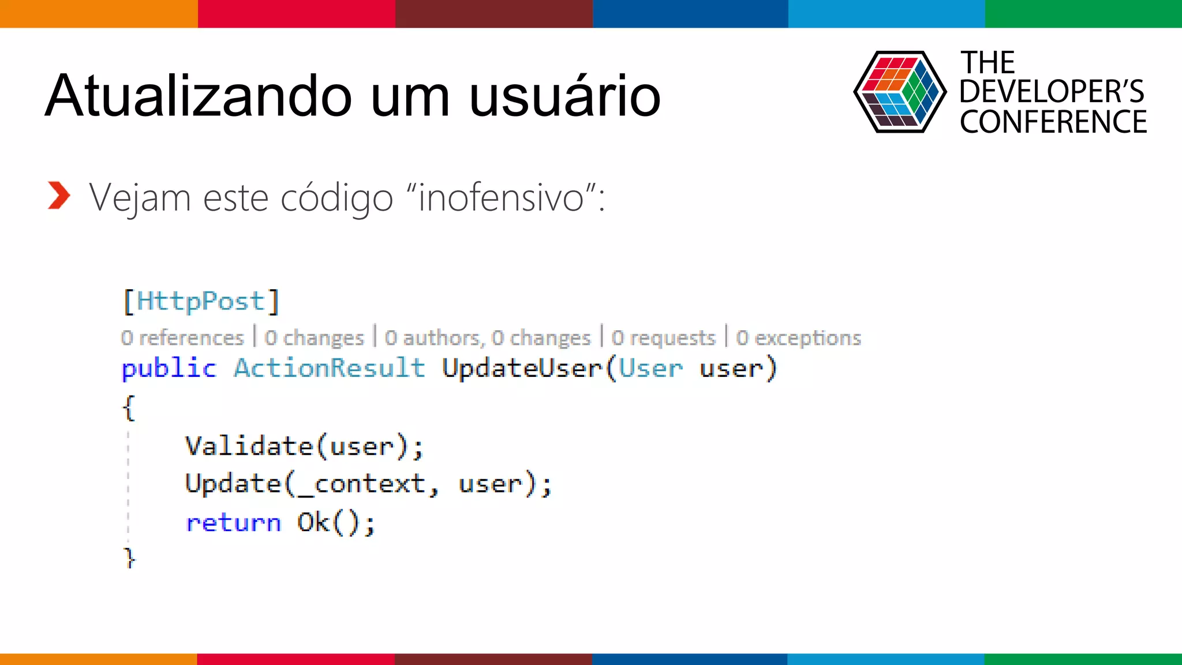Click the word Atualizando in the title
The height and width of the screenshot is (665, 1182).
pyautogui.click(x=198, y=96)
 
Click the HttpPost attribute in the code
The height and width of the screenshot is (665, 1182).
pyautogui.click(x=201, y=301)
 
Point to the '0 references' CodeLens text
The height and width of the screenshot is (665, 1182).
pyautogui.click(x=182, y=338)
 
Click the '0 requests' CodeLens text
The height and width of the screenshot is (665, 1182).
pyautogui.click(x=663, y=338)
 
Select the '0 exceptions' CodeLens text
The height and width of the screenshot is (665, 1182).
pyautogui.click(x=798, y=338)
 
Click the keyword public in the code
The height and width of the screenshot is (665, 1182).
pyautogui.click(x=169, y=368)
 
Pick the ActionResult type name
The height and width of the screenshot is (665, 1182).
pyautogui.click(x=329, y=368)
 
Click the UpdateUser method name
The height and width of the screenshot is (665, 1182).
pyautogui.click(x=522, y=368)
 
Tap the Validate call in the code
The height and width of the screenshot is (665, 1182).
pyautogui.click(x=249, y=446)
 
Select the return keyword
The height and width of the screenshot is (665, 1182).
pyautogui.click(x=233, y=523)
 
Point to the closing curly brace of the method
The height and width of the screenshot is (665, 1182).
pyautogui.click(x=129, y=558)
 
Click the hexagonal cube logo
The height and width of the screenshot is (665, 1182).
pyautogui.click(x=899, y=92)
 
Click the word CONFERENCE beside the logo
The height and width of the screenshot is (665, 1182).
pyautogui.click(x=1053, y=122)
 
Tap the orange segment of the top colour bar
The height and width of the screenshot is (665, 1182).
pyautogui.click(x=98, y=13)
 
